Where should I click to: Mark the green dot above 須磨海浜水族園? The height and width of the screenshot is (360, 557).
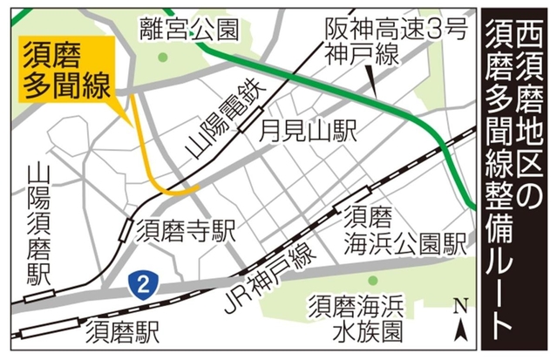pyautogui.click(x=373, y=281)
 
